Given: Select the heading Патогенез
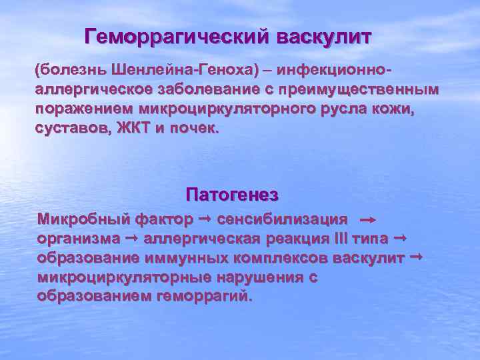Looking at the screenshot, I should click(x=231, y=195).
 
